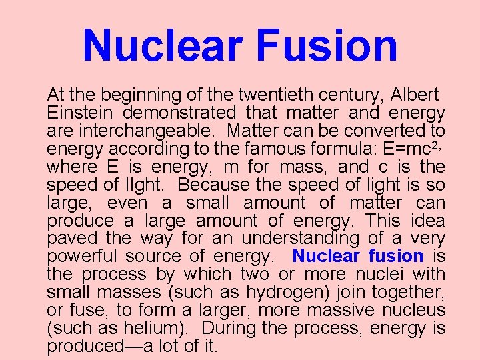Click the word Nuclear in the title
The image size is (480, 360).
(x=163, y=45)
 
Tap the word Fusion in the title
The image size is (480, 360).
(x=327, y=45)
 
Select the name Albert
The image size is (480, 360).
(x=415, y=95)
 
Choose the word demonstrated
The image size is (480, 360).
(x=179, y=113)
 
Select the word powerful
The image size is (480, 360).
(x=81, y=256)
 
